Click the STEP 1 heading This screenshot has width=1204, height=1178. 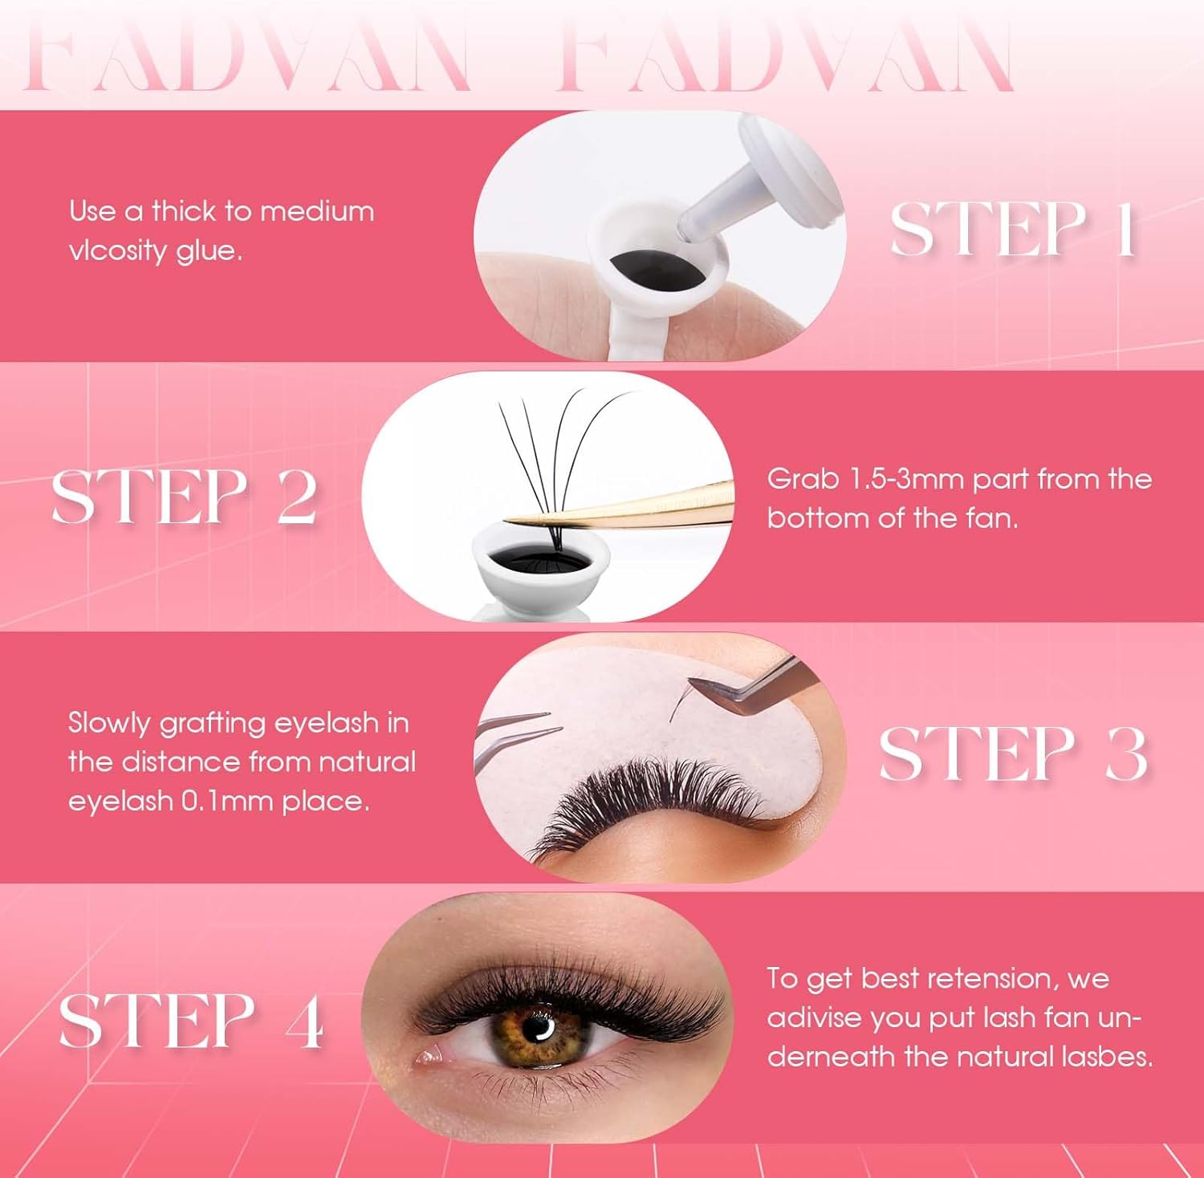pyautogui.click(x=1013, y=230)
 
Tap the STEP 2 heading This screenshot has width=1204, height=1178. pyautogui.click(x=184, y=497)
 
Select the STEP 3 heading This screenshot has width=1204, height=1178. pyautogui.click(x=1013, y=754)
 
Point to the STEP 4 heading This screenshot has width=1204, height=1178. pyautogui.click(x=191, y=1021)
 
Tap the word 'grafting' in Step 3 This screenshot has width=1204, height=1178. pyautogui.click(x=212, y=724)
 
